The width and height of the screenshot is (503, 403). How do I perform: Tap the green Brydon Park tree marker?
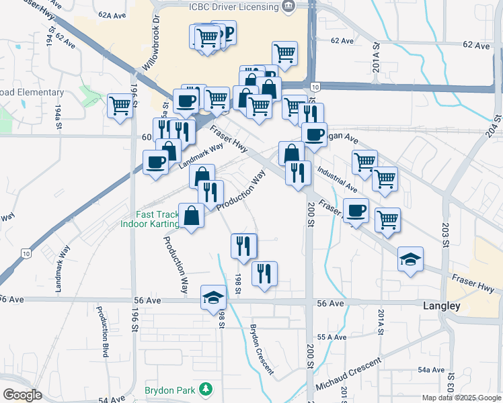tap(207, 390)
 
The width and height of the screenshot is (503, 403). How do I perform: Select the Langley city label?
tap(442, 306)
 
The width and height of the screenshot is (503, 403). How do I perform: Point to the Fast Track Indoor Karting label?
tap(151, 219)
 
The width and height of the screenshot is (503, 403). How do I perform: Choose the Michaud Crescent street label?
tap(348, 373)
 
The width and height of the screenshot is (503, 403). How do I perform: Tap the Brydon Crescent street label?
tap(262, 349)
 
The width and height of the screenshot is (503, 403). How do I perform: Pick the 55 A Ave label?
tap(332, 337)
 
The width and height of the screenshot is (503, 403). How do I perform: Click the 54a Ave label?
tap(431, 369)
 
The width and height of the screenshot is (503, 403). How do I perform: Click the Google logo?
tap(22, 395)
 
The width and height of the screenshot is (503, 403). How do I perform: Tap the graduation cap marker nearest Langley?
tap(410, 259)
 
